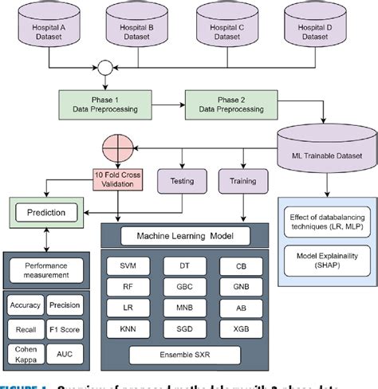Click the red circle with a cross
pyautogui.click(x=116, y=148)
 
